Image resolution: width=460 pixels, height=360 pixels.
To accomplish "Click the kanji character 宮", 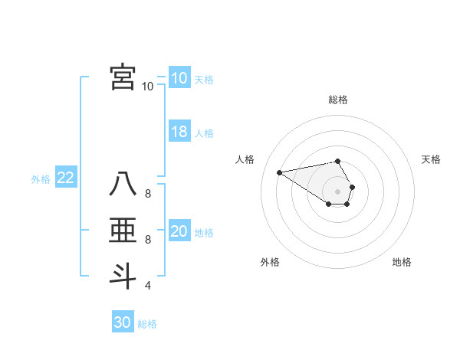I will [x=123, y=77].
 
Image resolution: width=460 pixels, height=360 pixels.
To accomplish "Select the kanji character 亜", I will [x=123, y=231].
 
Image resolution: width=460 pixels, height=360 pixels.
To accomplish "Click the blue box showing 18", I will [x=179, y=132].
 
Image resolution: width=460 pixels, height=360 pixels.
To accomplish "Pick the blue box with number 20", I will [x=179, y=231].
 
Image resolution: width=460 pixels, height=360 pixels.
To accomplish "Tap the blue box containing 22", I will [x=66, y=178].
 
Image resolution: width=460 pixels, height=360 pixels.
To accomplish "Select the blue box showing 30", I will [x=123, y=322].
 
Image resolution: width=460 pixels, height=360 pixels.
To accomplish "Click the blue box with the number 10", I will [x=179, y=78].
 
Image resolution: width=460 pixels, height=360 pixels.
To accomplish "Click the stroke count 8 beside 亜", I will [x=147, y=240].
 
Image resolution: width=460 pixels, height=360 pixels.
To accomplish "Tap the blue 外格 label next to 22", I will [x=41, y=179].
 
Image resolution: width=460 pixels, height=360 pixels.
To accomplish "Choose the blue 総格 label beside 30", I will [x=147, y=324].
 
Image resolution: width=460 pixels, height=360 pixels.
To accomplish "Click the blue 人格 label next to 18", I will [x=204, y=133].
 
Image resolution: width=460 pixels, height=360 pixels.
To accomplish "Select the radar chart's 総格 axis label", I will [x=338, y=100].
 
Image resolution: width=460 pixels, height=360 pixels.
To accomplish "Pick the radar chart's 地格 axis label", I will [x=402, y=262].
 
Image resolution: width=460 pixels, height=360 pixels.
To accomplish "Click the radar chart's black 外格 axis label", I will [x=270, y=262].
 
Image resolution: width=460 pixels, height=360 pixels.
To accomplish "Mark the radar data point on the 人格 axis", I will [x=279, y=172].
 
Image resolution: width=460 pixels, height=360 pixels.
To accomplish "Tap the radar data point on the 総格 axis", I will [x=338, y=161].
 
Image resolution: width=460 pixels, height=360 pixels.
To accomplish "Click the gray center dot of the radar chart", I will [x=338, y=191].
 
